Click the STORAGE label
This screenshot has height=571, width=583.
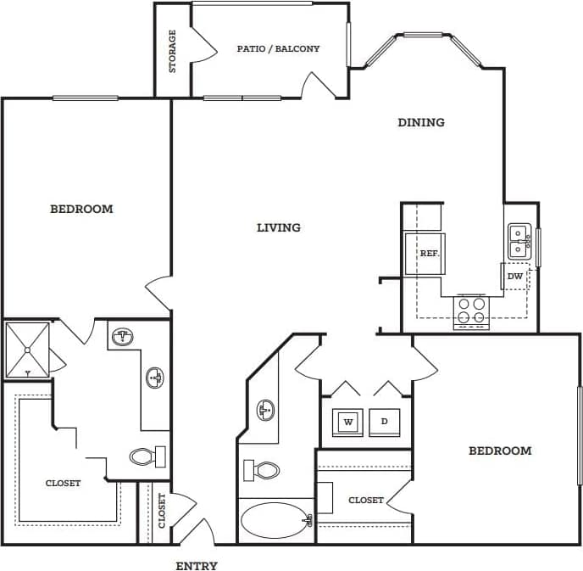pyautogui.click(x=173, y=51)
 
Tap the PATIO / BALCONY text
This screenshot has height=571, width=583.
pyautogui.click(x=278, y=49)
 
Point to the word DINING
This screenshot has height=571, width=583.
pyautogui.click(x=421, y=122)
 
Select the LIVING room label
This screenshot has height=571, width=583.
pyautogui.click(x=279, y=227)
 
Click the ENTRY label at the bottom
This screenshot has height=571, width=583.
pyautogui.click(x=197, y=566)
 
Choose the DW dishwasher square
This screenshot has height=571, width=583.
pyautogui.click(x=515, y=276)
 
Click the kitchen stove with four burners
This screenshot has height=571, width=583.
pyautogui.click(x=472, y=311)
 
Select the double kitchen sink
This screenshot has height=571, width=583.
pyautogui.click(x=519, y=241)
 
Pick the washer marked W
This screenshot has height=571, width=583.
pyautogui.click(x=347, y=421)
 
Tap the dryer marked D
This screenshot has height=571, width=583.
pyautogui.click(x=384, y=421)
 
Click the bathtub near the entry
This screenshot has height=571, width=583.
pyautogui.click(x=276, y=519)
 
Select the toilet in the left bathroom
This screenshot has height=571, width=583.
pyautogui.click(x=148, y=456)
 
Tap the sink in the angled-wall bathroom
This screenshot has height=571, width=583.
pyautogui.click(x=264, y=411)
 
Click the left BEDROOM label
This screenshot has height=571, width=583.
pyautogui.click(x=81, y=209)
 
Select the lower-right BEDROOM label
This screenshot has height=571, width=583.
pyautogui.click(x=500, y=451)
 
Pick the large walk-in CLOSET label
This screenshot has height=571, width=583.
pyautogui.click(x=64, y=483)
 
